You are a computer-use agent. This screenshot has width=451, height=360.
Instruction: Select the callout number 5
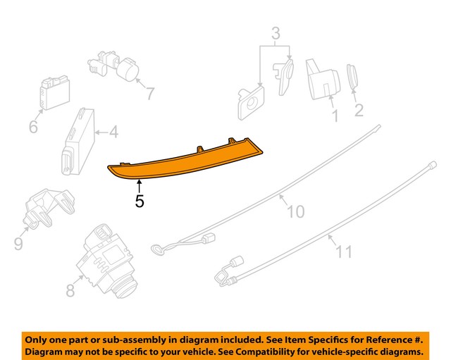pyautogui.click(x=140, y=201)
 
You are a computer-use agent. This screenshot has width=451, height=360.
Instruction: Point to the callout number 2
pyautogui.click(x=358, y=109)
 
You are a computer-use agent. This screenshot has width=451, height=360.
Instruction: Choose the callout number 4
pyautogui.click(x=113, y=131)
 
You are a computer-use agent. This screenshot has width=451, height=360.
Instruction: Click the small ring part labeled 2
pyautogui.click(x=352, y=77)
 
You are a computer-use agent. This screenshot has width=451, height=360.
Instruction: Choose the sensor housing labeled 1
pyautogui.click(x=322, y=77)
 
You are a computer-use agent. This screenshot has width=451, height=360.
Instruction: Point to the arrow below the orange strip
pyautogui.click(x=140, y=186)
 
